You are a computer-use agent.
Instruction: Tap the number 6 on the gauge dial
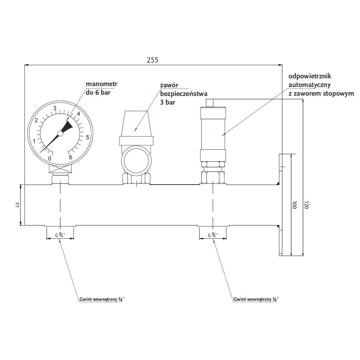coord(71,157)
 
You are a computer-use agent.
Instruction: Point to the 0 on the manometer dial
coord(50,158)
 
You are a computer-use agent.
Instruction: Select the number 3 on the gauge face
coord(55,108)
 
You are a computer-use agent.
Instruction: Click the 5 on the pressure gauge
coord(87,137)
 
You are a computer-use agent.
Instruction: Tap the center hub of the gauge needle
coord(60,133)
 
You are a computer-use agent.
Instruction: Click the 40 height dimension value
coord(17,205)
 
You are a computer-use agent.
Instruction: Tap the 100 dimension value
coord(294,206)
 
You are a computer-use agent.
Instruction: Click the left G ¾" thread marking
coord(60,235)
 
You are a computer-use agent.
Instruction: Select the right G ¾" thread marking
coord(213,235)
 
